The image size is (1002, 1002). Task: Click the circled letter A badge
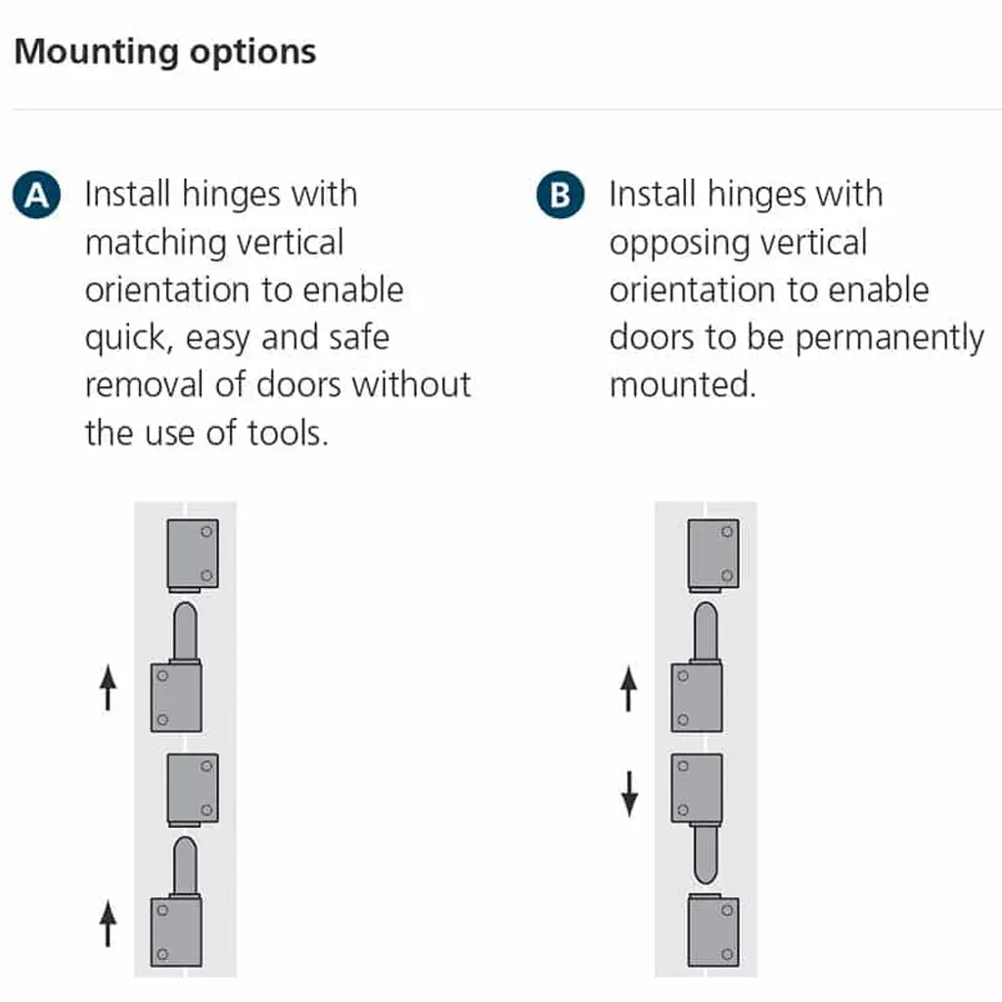(x=36, y=195)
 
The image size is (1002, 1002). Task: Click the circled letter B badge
(x=560, y=195)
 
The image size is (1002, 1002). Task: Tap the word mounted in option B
(x=682, y=385)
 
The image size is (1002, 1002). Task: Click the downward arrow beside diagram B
(x=630, y=793)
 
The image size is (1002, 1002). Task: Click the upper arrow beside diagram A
(x=109, y=689)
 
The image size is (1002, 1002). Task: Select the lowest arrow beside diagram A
(x=109, y=924)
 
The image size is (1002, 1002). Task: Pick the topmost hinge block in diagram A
(x=193, y=554)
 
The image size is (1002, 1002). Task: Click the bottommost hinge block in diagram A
(x=176, y=932)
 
